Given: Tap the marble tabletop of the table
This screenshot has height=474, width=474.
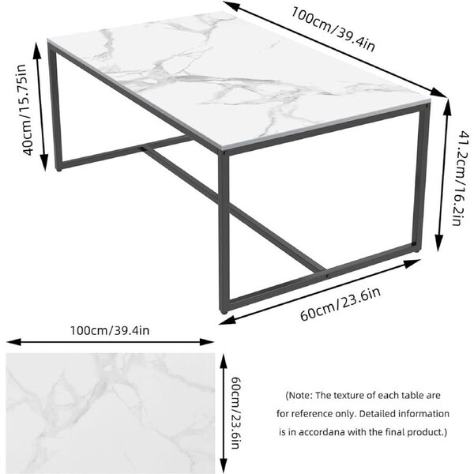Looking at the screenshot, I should (237, 79).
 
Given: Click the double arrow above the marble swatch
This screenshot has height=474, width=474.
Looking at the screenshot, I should (111, 341).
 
